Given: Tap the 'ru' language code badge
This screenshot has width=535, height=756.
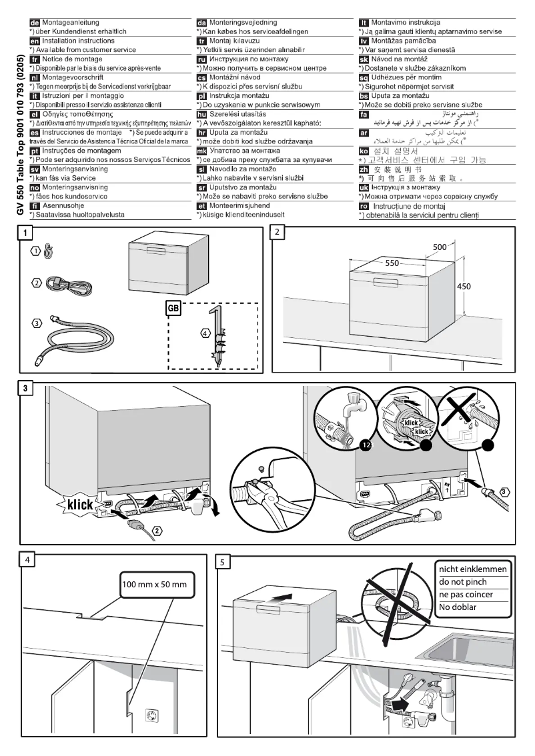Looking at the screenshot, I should click(x=201, y=59).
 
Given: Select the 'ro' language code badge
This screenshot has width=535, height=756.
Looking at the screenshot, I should click(x=364, y=206).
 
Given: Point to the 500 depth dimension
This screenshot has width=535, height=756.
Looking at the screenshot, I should click(x=440, y=247).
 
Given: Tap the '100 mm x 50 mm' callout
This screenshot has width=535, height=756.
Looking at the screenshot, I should click(x=159, y=584).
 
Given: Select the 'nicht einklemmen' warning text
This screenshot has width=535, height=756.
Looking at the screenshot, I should click(x=472, y=569).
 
